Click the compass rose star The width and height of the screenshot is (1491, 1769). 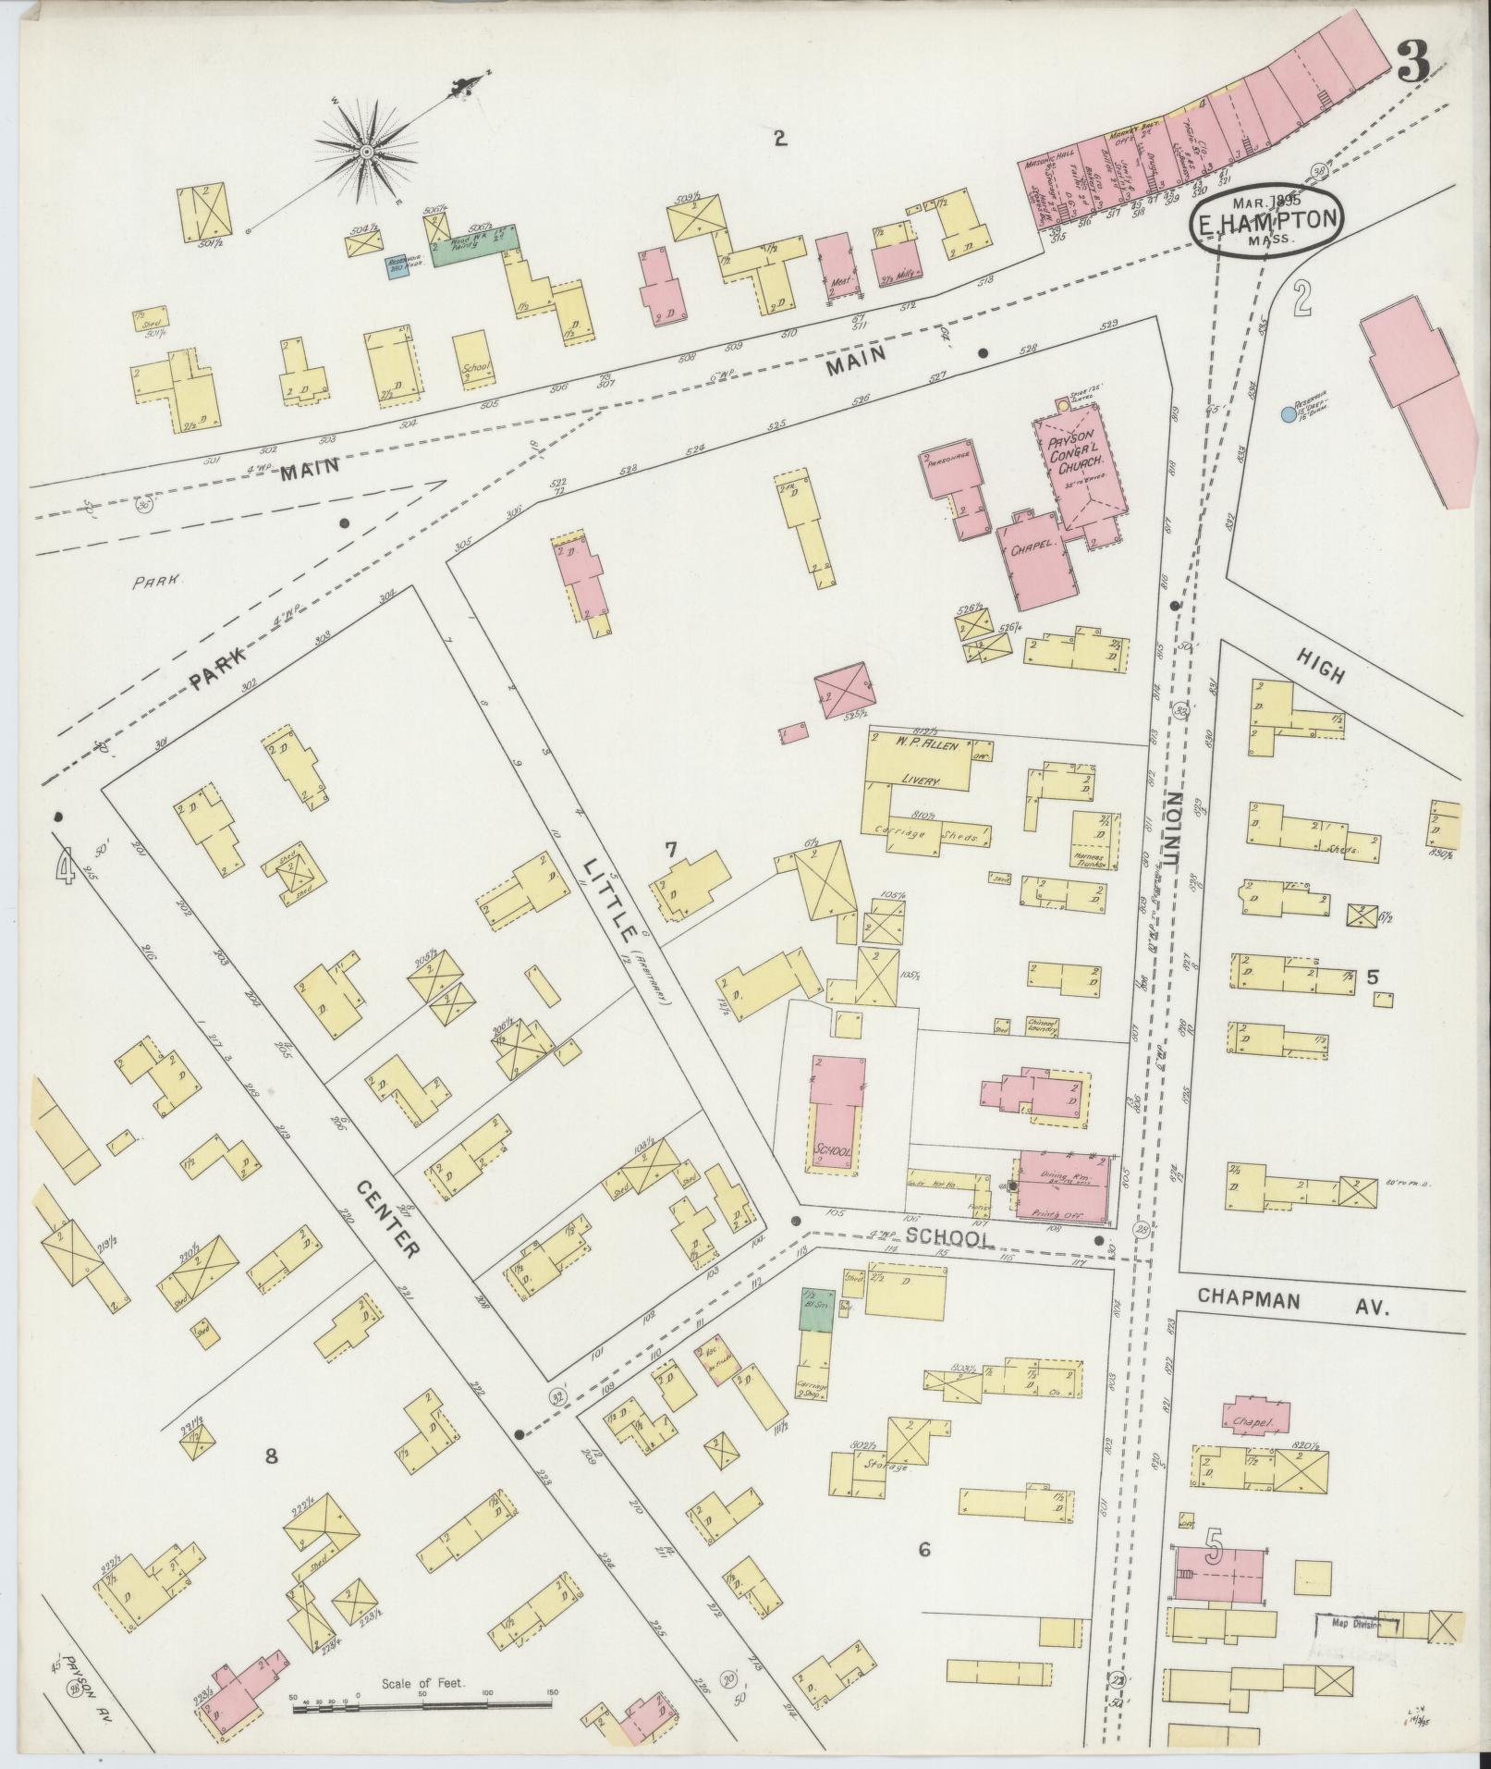coord(367,151)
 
